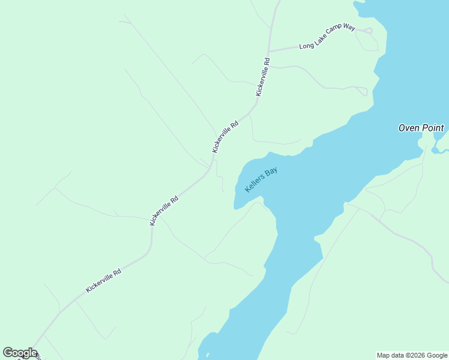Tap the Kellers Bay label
pos(262,179)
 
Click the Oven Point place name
pos(421,128)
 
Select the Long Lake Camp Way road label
pos(327,37)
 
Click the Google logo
pos(20,353)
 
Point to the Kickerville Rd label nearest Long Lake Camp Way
pos(263,76)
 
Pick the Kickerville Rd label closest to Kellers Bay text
pos(225,136)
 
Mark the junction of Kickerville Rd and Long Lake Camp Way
pos(269,50)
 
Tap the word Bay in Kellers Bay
pos(271,172)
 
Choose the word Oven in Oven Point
pos(409,128)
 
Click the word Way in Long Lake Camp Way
pos(349,28)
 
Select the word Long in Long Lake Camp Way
pos(306,46)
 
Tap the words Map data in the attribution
pos(391,355)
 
